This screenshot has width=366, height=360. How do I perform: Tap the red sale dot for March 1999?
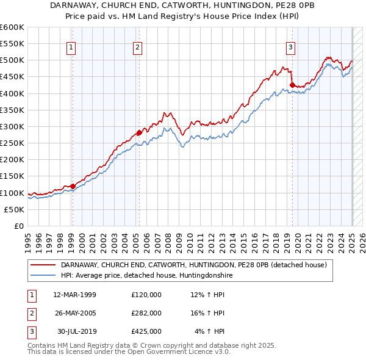[x=73, y=186]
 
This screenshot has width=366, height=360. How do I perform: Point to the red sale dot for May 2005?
[x=139, y=132]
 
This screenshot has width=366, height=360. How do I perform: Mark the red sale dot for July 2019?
[x=292, y=85]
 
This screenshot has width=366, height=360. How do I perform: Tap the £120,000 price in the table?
[x=146, y=295]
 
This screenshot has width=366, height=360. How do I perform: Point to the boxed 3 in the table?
[x=31, y=331]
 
